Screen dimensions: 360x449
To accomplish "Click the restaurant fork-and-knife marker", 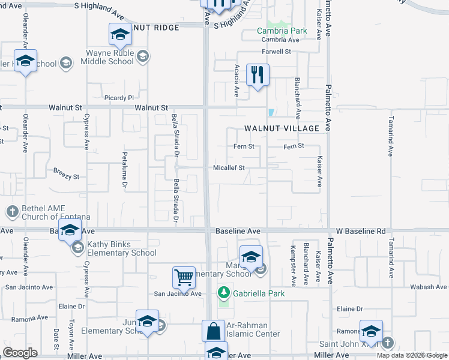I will (x=258, y=75).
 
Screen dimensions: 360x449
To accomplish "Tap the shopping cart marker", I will (x=184, y=278).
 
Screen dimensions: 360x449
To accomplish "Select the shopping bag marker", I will (x=213, y=331).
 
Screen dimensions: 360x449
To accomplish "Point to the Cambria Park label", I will (x=282, y=31).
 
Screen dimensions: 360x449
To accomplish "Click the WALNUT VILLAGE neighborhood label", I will (x=282, y=128).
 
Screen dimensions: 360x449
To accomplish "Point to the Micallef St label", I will (x=229, y=168).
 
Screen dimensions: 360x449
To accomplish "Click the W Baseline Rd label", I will (x=360, y=231).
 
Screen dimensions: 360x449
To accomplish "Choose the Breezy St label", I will (x=66, y=177).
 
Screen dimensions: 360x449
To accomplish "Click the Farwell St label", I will (x=276, y=52).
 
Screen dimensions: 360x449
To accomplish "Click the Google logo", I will (x=20, y=353).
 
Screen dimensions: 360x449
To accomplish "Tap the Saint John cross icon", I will (x=387, y=343).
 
